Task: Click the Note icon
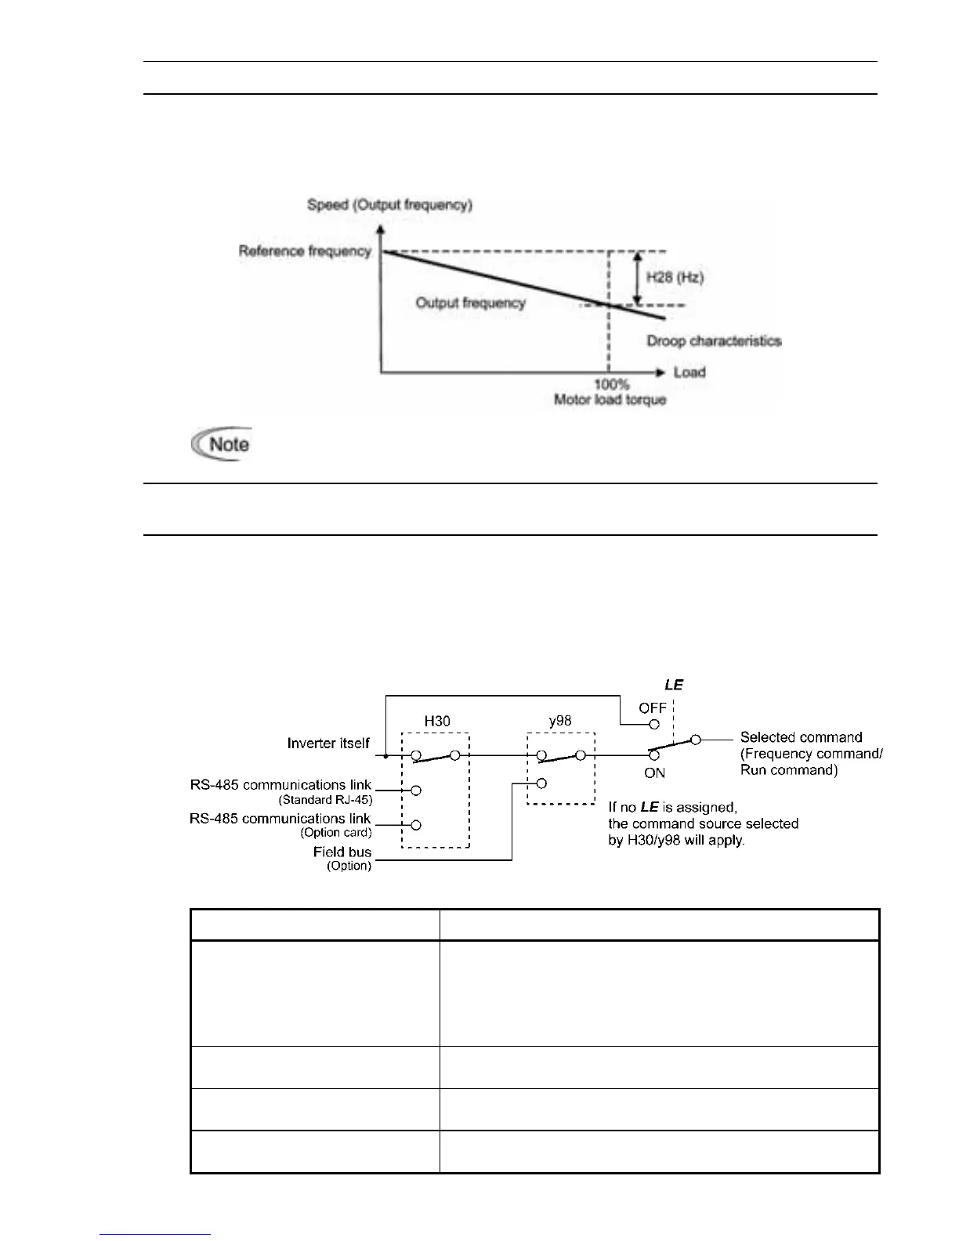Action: [x=222, y=444]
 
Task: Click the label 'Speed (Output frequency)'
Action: [x=389, y=205]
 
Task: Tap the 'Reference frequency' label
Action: [x=305, y=251]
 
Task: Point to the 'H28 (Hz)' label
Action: [x=675, y=277]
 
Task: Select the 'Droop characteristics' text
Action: [x=714, y=341]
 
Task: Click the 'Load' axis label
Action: [x=689, y=371]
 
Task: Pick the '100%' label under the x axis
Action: [x=611, y=385]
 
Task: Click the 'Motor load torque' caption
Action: [x=610, y=400]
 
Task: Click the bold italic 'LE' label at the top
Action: [x=674, y=685]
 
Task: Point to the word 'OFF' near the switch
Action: [x=653, y=708]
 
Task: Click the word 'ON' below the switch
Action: [x=654, y=772]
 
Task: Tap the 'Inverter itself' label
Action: [x=328, y=743]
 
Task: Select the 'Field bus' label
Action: [x=342, y=852]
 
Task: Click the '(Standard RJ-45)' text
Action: [x=325, y=800]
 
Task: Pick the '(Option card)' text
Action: [x=336, y=833]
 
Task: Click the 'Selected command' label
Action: [x=801, y=736]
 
